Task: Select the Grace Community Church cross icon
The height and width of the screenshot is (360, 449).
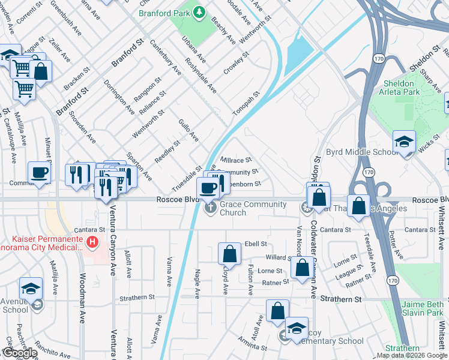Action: tap(211, 208)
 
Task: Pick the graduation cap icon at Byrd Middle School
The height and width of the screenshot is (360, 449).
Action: tap(404, 142)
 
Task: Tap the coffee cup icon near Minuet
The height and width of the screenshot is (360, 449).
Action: tap(40, 172)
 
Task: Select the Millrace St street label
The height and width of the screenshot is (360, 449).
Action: tap(236, 160)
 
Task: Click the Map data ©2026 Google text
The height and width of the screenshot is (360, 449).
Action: tap(412, 355)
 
